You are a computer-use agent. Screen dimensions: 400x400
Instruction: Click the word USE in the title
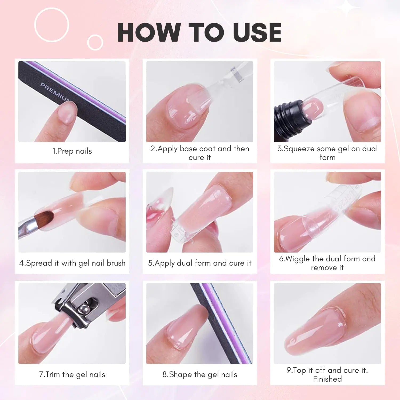coord(257,33)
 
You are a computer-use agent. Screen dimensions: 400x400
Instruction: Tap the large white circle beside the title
coord(52,25)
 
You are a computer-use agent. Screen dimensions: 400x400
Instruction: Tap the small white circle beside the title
coord(95,42)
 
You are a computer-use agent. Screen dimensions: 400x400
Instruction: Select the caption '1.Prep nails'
coord(72,151)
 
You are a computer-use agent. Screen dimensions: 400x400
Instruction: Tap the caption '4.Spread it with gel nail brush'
coord(72,263)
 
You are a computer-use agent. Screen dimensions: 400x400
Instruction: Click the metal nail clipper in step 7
coord(85,304)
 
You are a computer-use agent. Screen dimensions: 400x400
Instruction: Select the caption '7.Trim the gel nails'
coord(72,375)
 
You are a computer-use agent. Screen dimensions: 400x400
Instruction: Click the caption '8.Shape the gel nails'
coord(200,375)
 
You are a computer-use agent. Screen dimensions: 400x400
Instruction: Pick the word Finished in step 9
coord(327,379)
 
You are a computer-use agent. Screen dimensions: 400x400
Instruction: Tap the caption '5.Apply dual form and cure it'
coord(200,263)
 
